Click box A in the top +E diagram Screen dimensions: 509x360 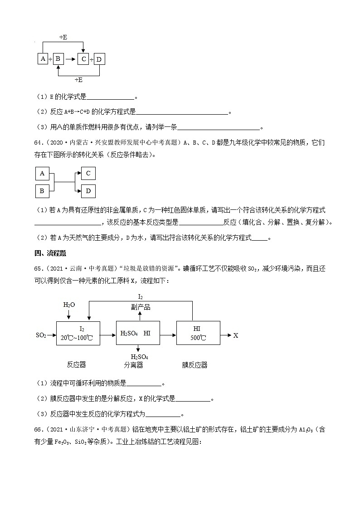pos(43,59)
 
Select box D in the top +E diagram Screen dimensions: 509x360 pos(99,59)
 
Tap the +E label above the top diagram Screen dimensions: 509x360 pos(63,38)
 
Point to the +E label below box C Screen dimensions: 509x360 pos(78,80)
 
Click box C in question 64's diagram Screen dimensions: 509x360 pos(88,173)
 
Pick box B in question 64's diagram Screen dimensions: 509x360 pos(42,191)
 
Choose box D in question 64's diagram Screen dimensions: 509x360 pos(88,191)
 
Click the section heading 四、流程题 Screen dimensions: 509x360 pos(50,252)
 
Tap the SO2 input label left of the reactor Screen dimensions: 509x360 pos(41,335)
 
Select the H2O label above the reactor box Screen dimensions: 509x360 pos(69,305)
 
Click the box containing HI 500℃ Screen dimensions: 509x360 pos(198,333)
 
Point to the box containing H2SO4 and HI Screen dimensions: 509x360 pos(135,334)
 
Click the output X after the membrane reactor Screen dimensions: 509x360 pos(236,335)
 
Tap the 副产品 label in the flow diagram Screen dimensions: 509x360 pos(141,307)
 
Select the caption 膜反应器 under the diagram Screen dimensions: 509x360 pos(195,364)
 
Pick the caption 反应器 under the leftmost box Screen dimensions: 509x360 pos(76,364)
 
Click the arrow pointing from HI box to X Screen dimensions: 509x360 pos(226,335)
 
